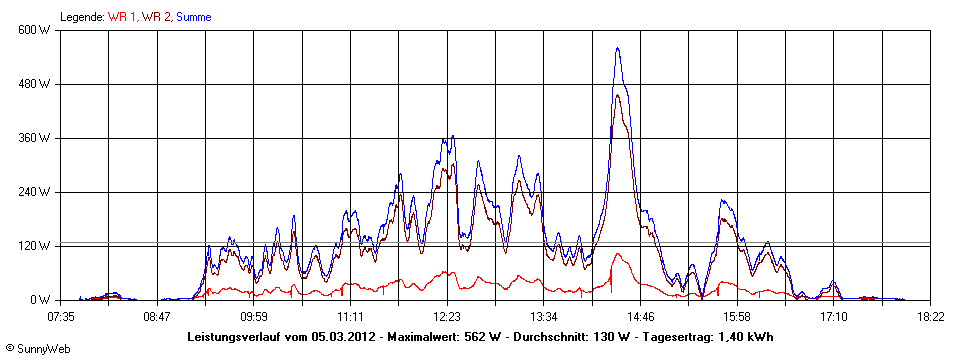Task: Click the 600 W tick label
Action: [x=35, y=30]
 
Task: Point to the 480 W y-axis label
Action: [x=35, y=84]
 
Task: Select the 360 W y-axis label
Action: [x=35, y=138]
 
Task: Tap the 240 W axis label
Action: [x=35, y=192]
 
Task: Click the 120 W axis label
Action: [x=35, y=246]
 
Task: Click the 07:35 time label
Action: [x=61, y=317]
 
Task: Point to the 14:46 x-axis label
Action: [x=640, y=317]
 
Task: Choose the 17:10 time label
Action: [x=833, y=317]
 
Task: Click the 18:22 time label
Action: [x=930, y=317]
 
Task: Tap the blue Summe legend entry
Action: [x=194, y=17]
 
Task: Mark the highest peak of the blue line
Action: [x=618, y=48]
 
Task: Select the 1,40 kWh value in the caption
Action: [x=745, y=337]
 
